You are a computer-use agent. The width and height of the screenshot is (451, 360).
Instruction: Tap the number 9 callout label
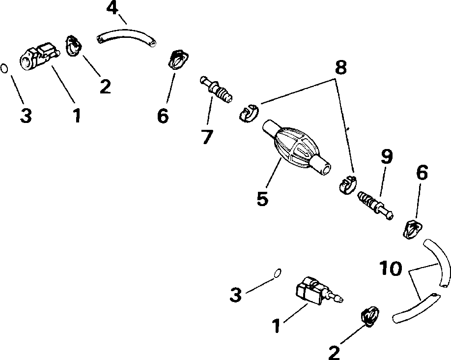click(x=387, y=157)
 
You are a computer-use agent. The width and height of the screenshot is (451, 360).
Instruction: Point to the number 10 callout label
click(x=391, y=269)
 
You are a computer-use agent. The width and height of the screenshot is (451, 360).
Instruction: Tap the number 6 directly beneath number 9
click(x=421, y=173)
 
